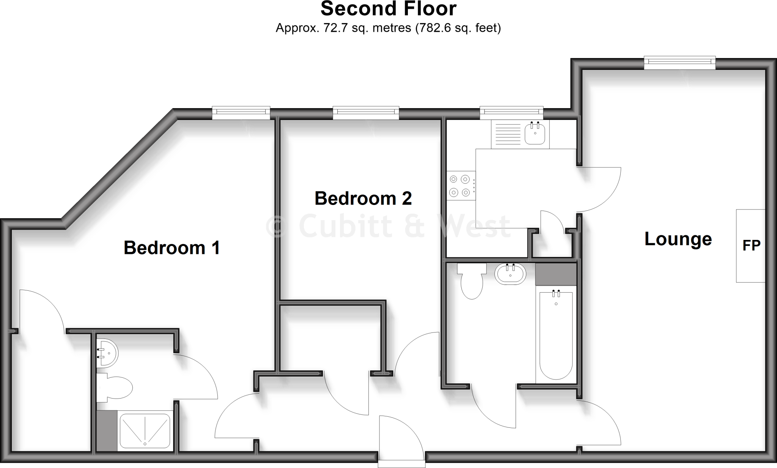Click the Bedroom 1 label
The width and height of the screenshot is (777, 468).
pos(171,248)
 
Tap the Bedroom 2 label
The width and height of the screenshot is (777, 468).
pos(363,199)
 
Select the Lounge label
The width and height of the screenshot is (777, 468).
pos(678,239)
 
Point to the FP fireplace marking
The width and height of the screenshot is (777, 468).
pos(751,246)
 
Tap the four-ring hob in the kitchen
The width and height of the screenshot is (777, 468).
pos(461,186)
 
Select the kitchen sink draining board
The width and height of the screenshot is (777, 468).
pos(506,134)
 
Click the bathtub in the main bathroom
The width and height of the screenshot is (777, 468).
pos(556,334)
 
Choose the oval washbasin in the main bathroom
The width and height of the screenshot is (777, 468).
pos(510,274)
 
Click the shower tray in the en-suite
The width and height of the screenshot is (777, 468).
pos(145,431)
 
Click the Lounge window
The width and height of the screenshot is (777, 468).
pos(679,63)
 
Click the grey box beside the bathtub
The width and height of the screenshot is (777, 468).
pos(556,274)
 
